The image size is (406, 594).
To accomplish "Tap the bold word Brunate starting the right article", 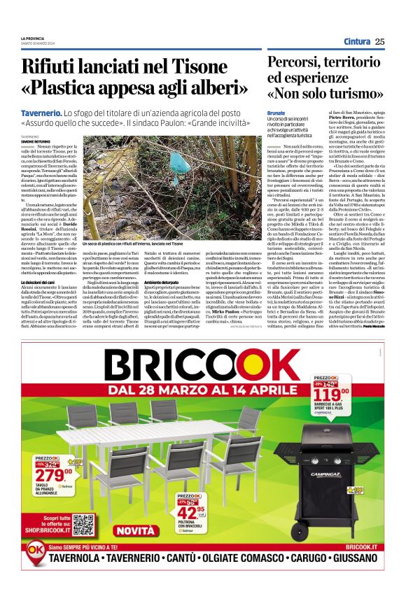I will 276,112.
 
